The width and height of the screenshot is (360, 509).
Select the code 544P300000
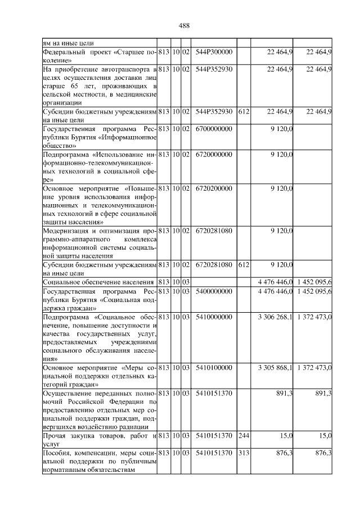(x=213, y=52)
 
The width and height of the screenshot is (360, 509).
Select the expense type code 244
(x=243, y=436)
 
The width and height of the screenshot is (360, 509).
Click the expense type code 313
(x=243, y=453)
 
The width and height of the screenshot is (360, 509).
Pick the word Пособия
(x=58, y=453)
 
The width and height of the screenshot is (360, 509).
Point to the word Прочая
(x=56, y=436)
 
